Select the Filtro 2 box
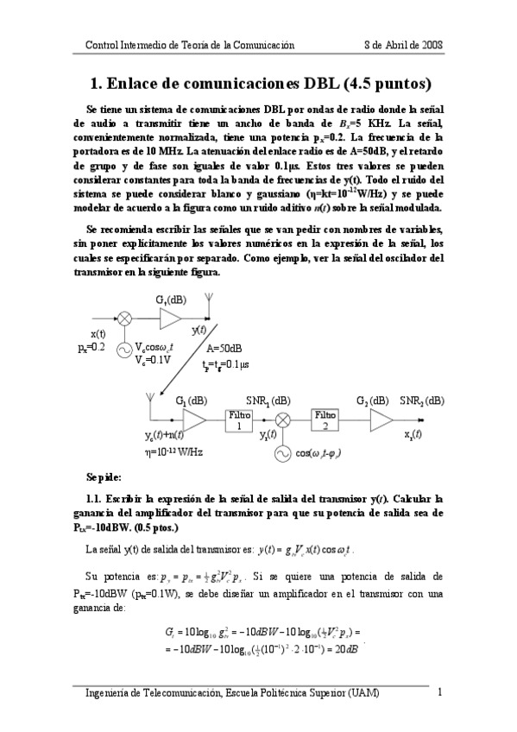[x=326, y=420]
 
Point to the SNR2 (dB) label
[x=422, y=401]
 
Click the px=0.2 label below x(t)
[x=91, y=346]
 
